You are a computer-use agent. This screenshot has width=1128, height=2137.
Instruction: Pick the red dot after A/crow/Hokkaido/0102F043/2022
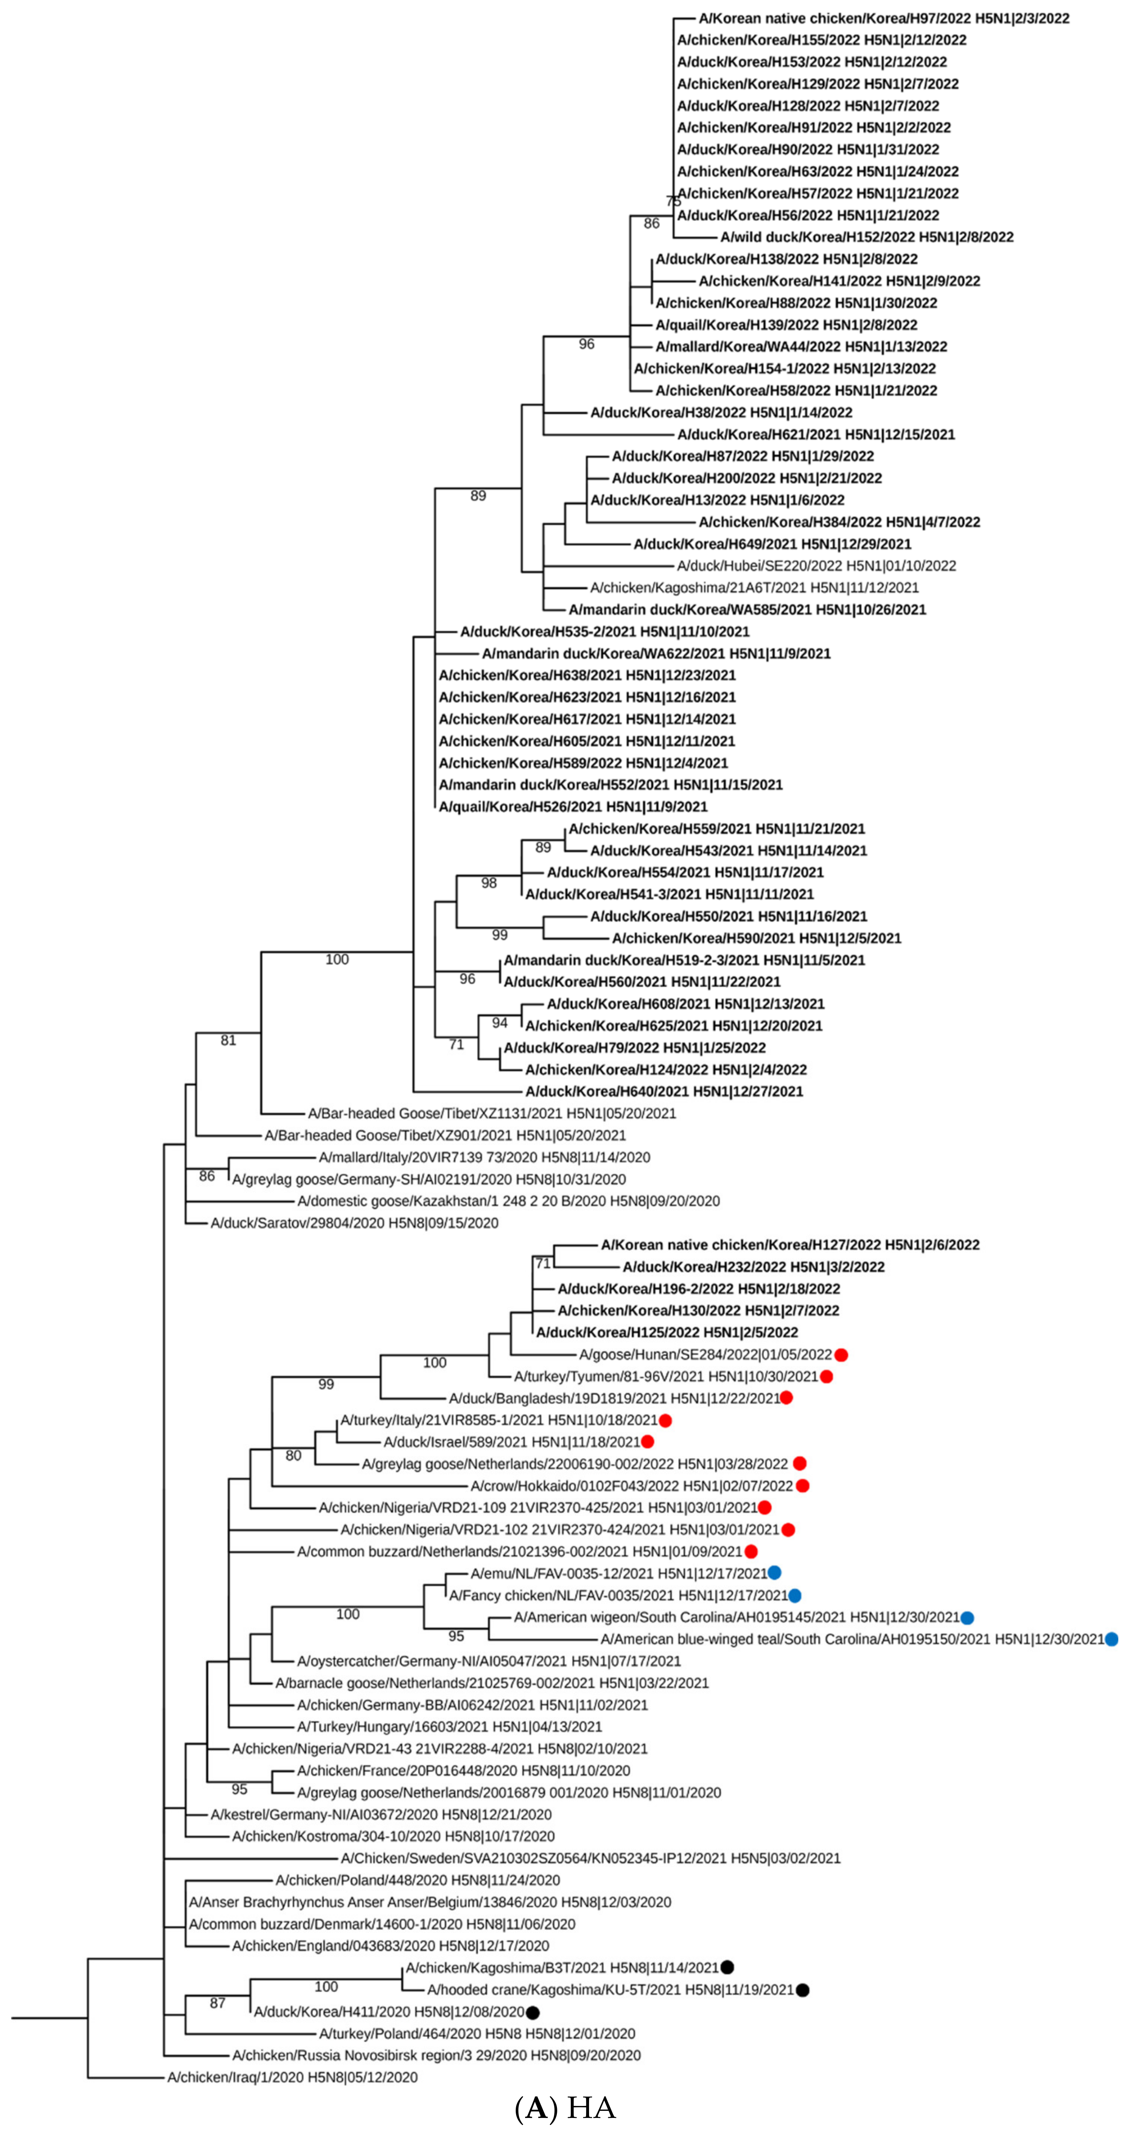pos(802,1486)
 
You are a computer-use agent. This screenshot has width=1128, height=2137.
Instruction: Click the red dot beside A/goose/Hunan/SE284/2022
pos(841,1355)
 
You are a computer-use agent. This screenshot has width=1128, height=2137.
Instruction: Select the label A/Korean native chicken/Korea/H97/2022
pos(883,18)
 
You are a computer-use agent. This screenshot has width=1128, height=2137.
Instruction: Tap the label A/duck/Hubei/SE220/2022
pos(816,566)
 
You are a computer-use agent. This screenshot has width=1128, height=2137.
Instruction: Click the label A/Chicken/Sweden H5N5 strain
pos(591,1858)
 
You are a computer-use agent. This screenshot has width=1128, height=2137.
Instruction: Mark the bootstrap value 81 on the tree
pos(228,1040)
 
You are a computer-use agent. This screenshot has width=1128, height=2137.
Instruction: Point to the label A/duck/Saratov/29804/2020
pos(354,1223)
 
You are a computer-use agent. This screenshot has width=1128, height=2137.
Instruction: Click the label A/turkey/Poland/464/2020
pos(477,2033)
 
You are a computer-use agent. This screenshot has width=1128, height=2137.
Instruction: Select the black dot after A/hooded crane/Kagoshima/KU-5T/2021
pos(802,1989)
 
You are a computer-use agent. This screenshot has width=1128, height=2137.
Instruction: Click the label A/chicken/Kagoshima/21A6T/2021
pos(754,587)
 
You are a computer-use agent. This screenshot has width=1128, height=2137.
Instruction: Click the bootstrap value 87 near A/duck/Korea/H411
pos(217,2003)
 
